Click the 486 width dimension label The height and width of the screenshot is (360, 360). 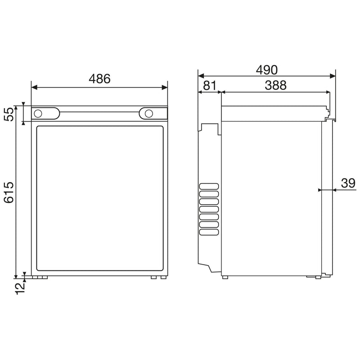point(99,78)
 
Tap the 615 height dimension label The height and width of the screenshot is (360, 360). point(9,193)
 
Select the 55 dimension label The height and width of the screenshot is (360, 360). point(9,114)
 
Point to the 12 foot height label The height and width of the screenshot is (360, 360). point(20,288)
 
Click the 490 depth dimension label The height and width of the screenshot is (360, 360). point(267,70)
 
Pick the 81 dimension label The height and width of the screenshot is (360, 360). point(210,85)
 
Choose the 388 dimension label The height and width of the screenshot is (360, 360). point(275,85)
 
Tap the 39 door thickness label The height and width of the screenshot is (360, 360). point(348,183)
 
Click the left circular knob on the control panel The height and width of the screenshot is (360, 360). point(38,113)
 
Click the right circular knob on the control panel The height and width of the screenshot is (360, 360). point(149,113)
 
